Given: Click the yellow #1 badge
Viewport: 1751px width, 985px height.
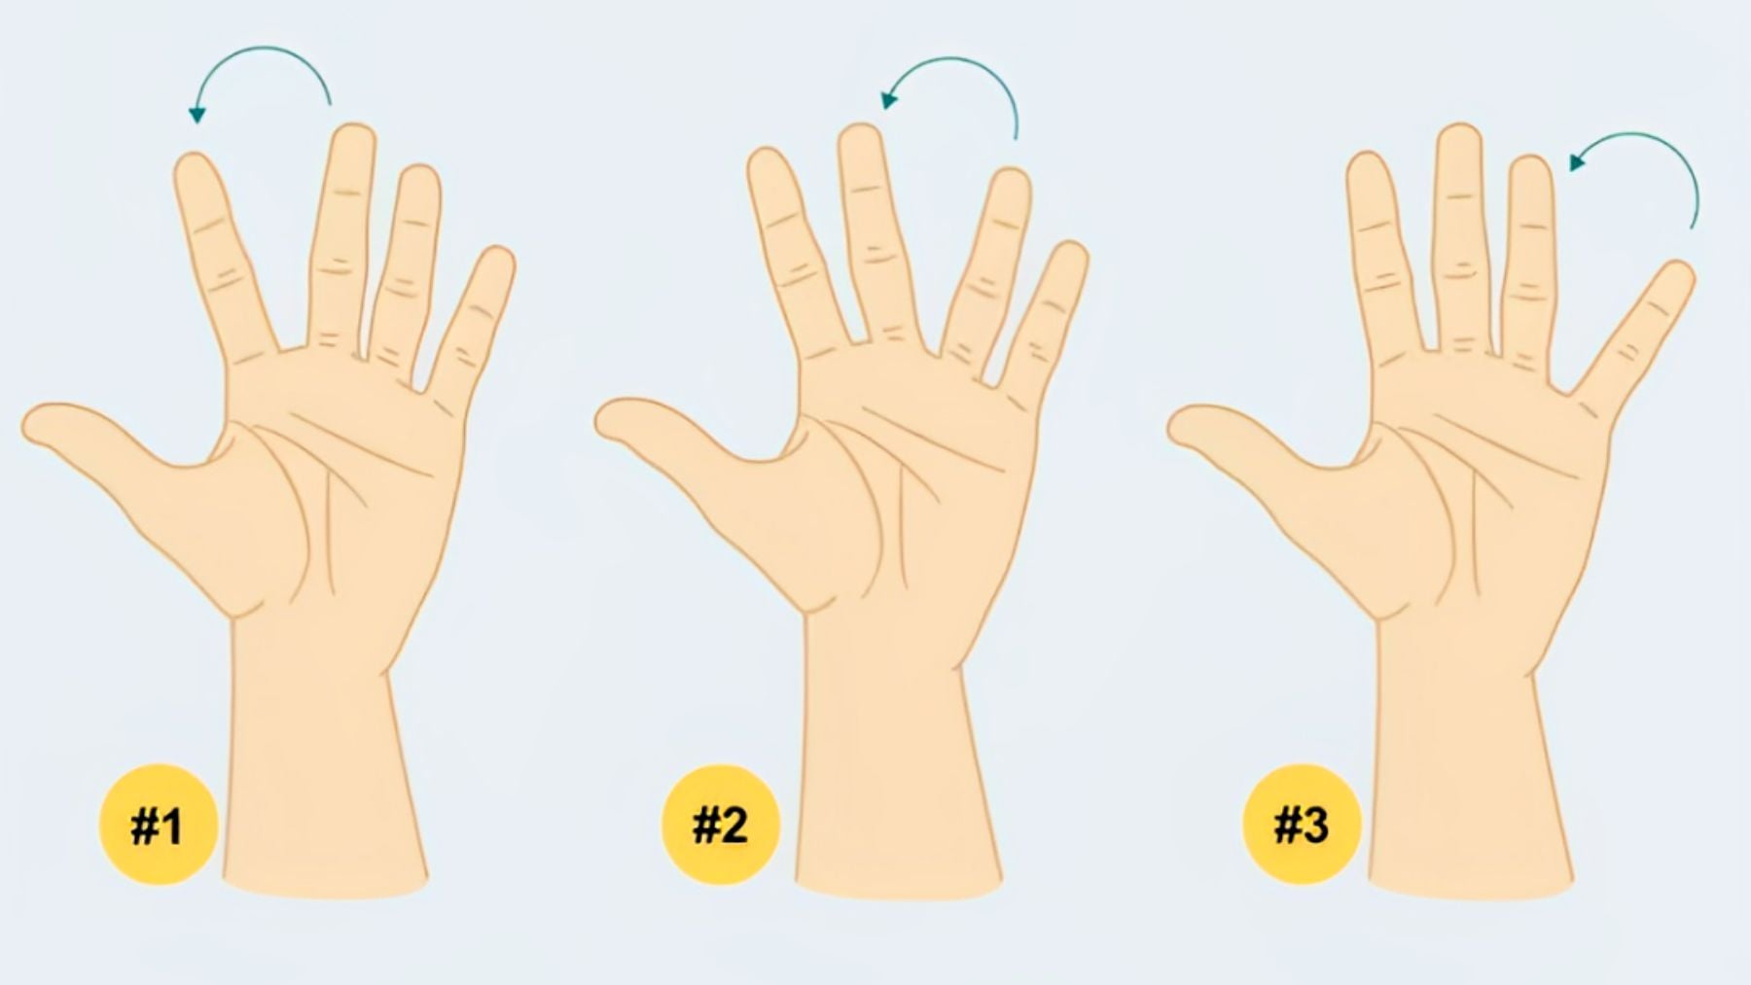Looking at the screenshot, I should [x=158, y=826].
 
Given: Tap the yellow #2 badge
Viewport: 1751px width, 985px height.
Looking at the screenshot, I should [x=720, y=825].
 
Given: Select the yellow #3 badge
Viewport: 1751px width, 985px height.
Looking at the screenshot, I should [x=1302, y=826].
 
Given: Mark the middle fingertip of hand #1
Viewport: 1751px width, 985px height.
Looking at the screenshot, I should [x=352, y=140].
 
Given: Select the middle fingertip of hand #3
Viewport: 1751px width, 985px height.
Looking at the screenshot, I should [x=1458, y=141].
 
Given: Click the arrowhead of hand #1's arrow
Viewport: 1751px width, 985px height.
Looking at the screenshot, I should [x=197, y=115].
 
